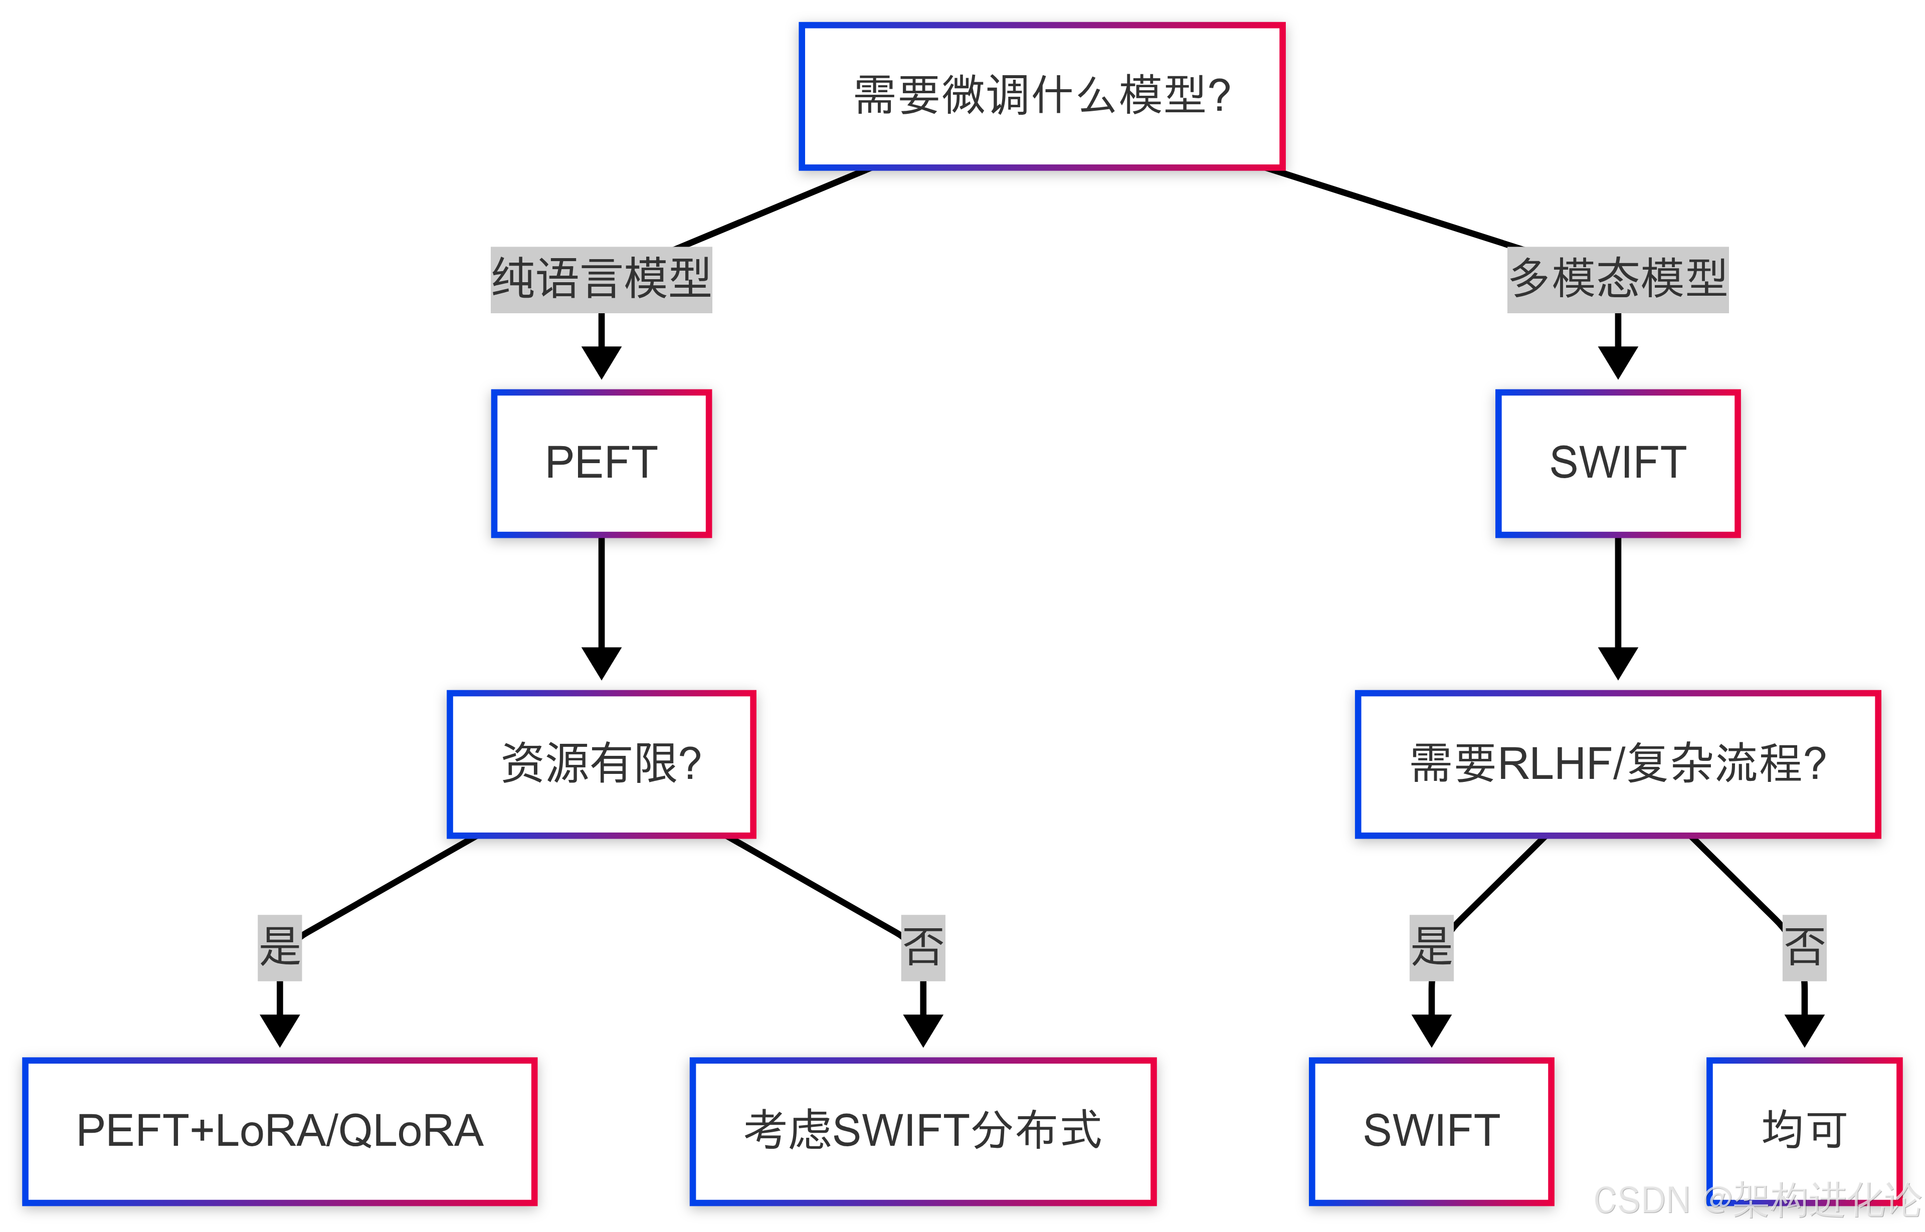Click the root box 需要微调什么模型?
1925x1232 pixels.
click(1042, 96)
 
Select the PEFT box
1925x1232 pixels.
click(601, 463)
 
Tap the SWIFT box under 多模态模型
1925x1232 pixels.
click(1617, 463)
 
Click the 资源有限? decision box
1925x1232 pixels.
click(601, 763)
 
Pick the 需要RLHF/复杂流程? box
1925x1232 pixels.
click(1617, 763)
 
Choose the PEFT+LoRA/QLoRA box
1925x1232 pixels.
click(279, 1130)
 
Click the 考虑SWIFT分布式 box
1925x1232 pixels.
click(922, 1130)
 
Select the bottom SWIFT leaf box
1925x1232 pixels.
click(1431, 1130)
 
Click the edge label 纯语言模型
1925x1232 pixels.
click(601, 279)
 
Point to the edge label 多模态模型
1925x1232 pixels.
click(1617, 279)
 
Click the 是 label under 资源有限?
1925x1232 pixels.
click(279, 947)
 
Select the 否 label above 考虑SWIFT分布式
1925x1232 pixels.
click(922, 947)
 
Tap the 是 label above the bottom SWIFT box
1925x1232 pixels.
click(1431, 947)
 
